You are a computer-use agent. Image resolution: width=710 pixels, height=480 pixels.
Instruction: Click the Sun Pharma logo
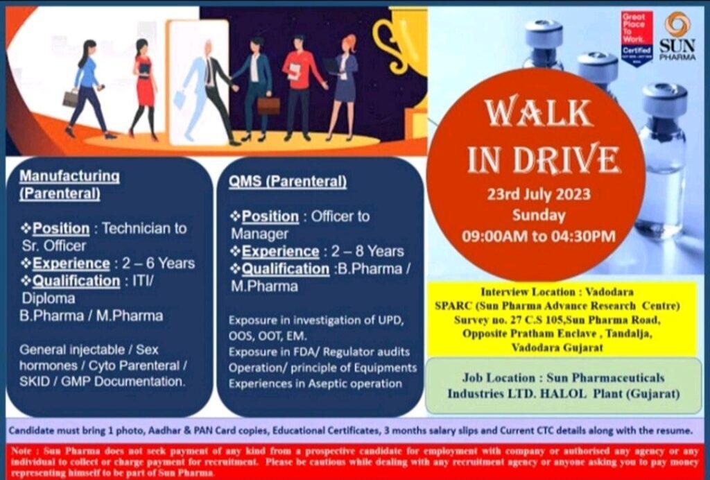tap(677, 36)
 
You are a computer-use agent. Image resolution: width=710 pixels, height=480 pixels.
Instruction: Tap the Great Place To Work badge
tap(637, 38)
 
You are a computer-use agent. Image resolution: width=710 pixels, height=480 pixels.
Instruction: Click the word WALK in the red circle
tap(538, 113)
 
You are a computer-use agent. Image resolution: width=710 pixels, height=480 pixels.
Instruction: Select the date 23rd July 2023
tap(539, 194)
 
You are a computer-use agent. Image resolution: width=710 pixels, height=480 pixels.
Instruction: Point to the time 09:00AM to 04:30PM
tap(539, 236)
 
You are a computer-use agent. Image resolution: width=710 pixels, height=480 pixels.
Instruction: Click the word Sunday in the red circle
tap(539, 215)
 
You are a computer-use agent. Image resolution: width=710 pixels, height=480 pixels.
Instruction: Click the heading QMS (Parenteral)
tap(288, 182)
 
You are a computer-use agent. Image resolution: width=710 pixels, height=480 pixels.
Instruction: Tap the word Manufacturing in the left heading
tap(70, 175)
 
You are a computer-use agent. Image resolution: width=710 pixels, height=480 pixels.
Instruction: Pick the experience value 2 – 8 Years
tap(367, 251)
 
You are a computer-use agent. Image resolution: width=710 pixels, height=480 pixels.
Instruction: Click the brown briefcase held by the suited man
tap(268, 105)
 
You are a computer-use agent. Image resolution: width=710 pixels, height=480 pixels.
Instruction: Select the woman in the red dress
tap(144, 89)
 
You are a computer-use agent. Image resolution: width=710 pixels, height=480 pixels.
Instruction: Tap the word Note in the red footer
tap(21, 451)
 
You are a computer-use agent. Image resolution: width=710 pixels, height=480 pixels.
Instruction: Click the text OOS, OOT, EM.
tap(268, 336)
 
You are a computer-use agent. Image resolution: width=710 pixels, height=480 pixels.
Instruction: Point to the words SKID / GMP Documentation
tap(103, 382)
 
